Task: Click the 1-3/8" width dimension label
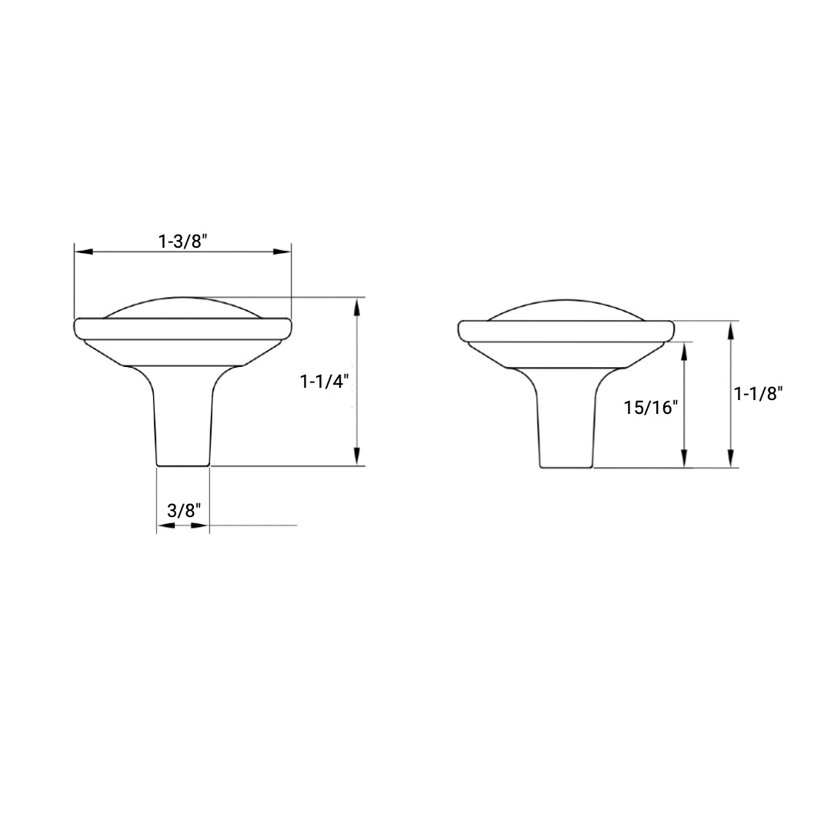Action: click(183, 241)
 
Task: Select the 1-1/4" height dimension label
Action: click(325, 381)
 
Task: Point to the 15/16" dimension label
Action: click(650, 407)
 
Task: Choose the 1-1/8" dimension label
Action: click(758, 394)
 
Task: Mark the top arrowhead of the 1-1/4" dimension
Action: click(356, 305)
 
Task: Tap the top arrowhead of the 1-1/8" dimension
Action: click(730, 329)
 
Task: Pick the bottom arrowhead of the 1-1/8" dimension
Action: click(730, 459)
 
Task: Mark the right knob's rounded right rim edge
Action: click(671, 330)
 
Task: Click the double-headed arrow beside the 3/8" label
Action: click(183, 526)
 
